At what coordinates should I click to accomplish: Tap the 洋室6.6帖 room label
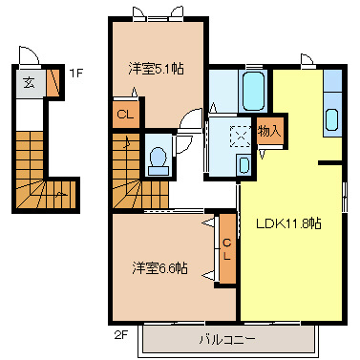point(159,268)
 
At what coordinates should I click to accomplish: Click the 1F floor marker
point(74,72)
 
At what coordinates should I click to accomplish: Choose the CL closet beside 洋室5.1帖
point(125,115)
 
